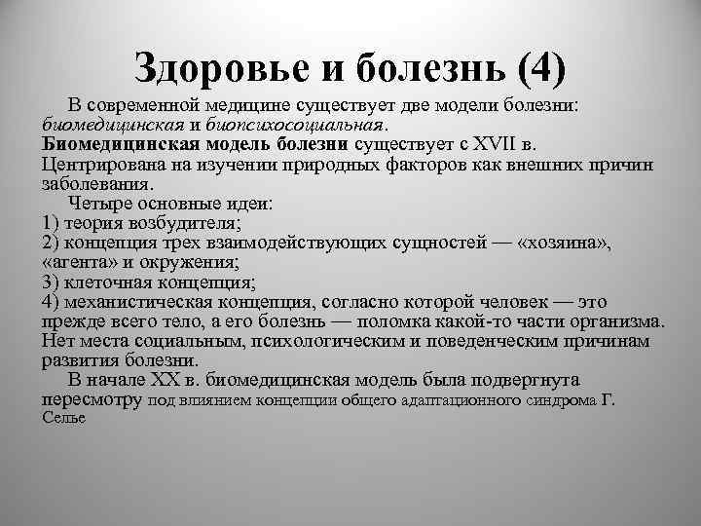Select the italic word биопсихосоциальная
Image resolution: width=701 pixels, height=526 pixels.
pyautogui.click(x=306, y=125)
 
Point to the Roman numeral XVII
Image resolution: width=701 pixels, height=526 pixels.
pyautogui.click(x=497, y=143)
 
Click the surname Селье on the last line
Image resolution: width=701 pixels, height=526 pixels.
pyautogui.click(x=65, y=418)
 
